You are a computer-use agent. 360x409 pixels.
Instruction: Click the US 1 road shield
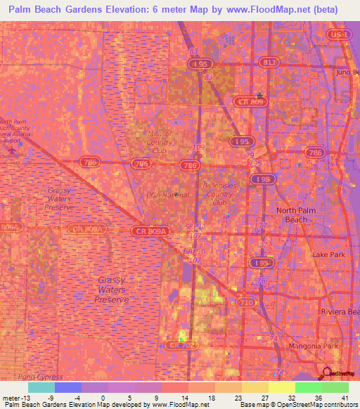tap(340, 34)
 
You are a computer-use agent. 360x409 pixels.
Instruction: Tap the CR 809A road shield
tap(150, 231)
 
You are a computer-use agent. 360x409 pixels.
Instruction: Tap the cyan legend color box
tap(41, 387)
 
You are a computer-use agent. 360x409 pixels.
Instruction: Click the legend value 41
tap(345, 397)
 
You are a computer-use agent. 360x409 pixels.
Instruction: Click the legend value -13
tap(11, 397)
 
